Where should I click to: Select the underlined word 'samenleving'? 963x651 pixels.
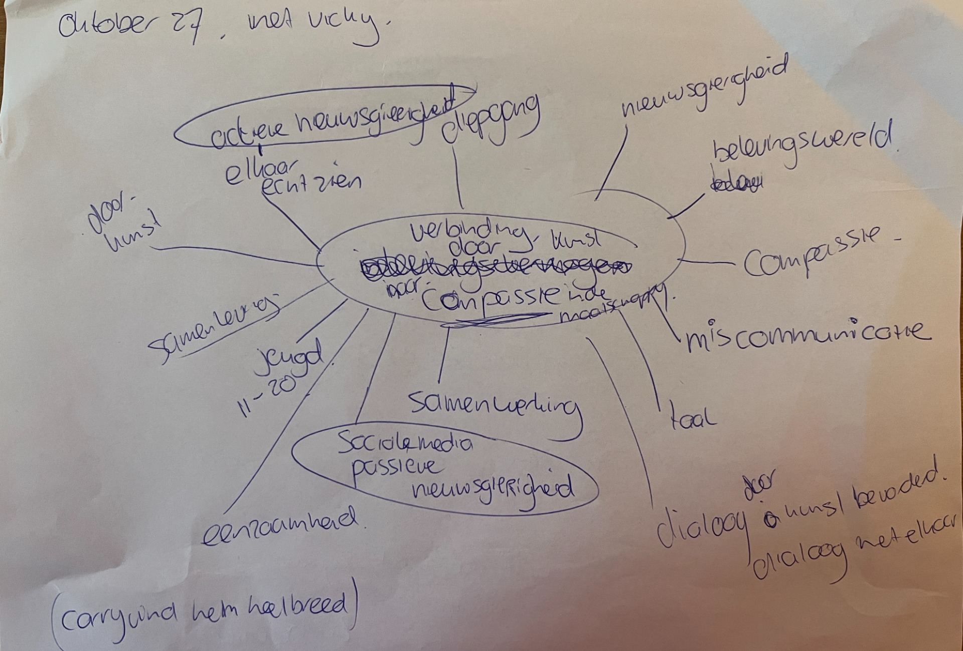tap(216, 328)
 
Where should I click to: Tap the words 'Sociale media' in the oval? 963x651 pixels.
tap(404, 444)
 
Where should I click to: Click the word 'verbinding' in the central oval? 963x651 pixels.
tap(469, 231)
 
